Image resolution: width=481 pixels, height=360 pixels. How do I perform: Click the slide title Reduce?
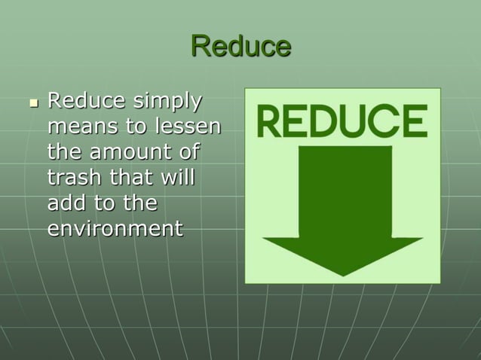click(x=240, y=47)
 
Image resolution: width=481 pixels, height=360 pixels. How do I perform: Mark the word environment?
click(x=115, y=228)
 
